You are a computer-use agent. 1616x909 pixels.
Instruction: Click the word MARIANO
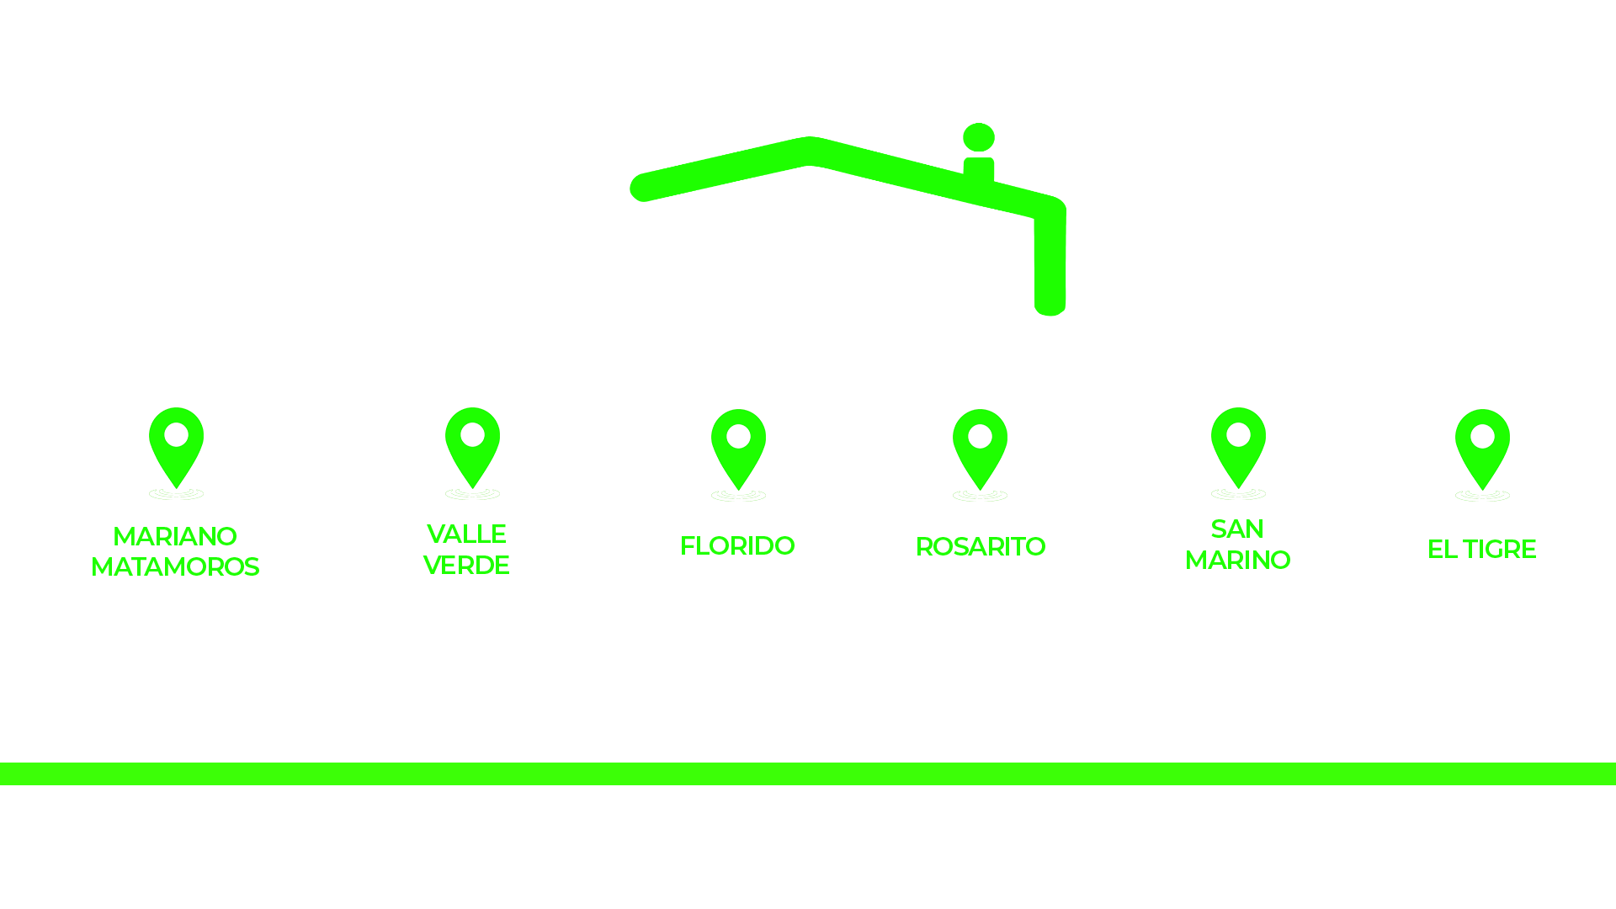[x=175, y=536]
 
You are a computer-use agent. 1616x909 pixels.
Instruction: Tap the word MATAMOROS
[x=175, y=566]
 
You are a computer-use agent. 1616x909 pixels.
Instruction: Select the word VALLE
[x=466, y=534]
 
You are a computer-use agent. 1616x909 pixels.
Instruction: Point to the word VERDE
[x=466, y=565]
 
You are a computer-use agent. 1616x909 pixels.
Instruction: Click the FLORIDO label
[x=737, y=545]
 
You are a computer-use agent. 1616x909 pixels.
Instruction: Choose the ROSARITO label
[x=981, y=546]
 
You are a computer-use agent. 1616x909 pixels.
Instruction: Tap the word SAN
[x=1237, y=529]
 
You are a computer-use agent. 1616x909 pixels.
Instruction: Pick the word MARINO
[x=1237, y=560]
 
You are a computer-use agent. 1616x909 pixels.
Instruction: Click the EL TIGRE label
[x=1481, y=549]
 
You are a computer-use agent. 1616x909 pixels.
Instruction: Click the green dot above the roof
[x=979, y=137]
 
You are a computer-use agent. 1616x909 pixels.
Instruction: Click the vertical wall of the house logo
[x=1050, y=261]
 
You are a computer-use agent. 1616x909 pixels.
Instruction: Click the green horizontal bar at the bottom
[x=808, y=773]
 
